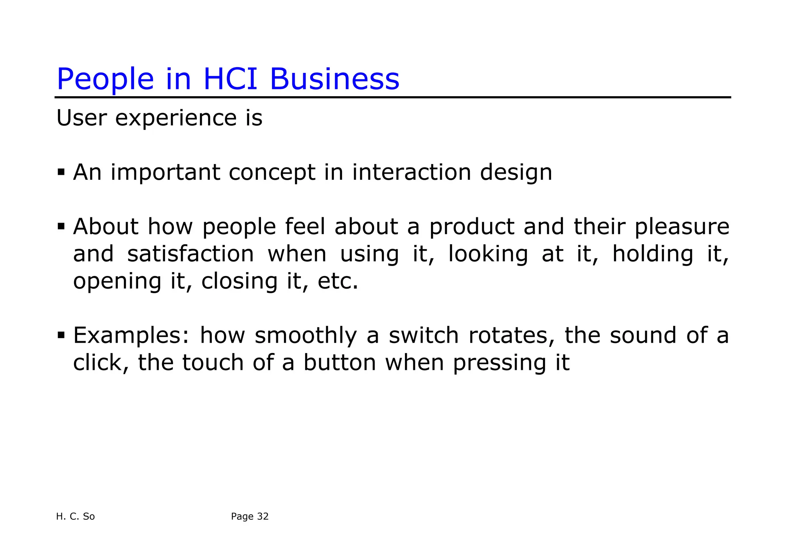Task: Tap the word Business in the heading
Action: tap(334, 79)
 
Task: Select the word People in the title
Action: tap(105, 80)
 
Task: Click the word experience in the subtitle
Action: tap(176, 118)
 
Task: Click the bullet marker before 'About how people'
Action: tap(61, 226)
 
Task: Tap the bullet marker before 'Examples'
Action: tap(61, 335)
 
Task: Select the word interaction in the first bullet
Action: tap(411, 172)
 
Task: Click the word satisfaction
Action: tap(190, 254)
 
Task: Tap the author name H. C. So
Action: tap(75, 516)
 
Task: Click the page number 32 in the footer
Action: tap(263, 516)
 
